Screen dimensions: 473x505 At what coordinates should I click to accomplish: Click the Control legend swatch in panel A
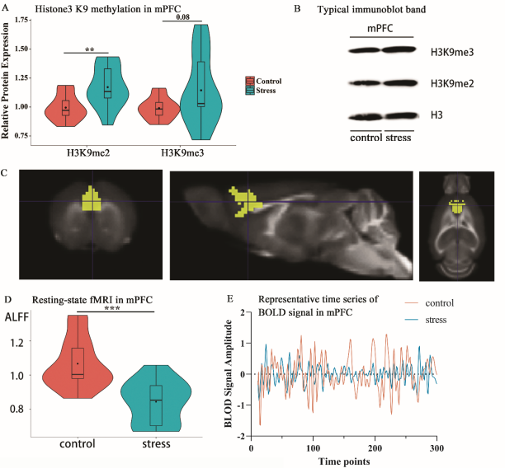(x=249, y=81)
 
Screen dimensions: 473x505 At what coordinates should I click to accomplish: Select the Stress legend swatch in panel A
(x=249, y=90)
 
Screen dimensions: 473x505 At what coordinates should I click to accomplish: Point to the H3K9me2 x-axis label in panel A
(x=90, y=152)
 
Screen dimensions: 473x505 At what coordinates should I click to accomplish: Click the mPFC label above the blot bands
(x=380, y=29)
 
